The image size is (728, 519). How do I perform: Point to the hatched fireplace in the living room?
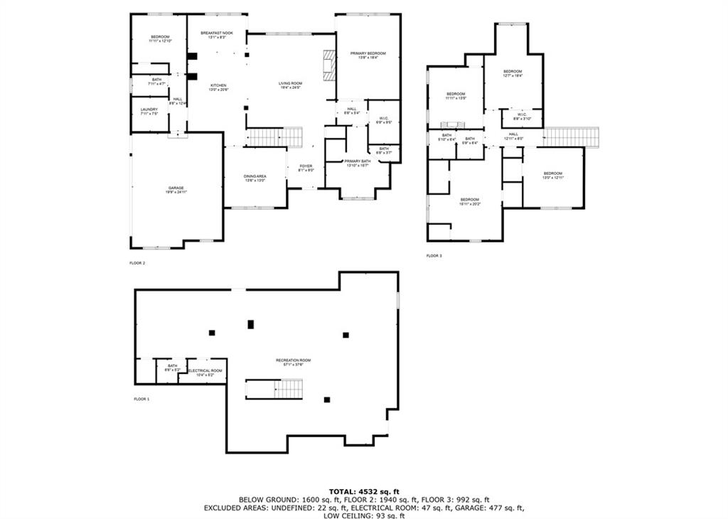pos(328,65)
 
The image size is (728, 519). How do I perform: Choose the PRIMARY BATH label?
pos(358,163)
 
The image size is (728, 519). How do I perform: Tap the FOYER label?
pos(306,168)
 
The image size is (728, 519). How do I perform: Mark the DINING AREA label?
pos(255,178)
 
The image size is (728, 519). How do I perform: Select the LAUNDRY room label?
pos(149,111)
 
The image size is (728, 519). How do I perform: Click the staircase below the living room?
pos(275,136)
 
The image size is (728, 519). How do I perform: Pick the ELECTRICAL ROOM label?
pos(205,372)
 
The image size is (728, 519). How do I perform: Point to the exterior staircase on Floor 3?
pos(572,137)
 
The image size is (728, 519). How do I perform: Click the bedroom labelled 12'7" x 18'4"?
pos(513,73)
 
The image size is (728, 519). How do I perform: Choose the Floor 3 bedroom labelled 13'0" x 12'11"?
pos(552,175)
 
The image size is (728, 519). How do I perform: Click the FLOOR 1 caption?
pos(141,399)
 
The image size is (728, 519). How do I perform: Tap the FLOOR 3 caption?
pos(434,255)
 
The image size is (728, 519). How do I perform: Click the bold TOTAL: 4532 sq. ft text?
pos(364,491)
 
